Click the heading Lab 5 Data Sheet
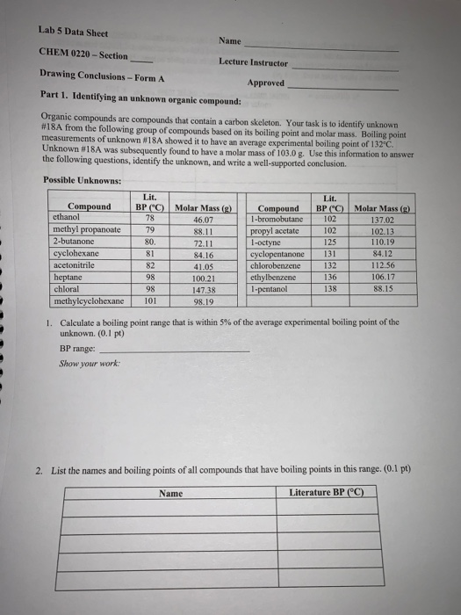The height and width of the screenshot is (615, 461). tap(73, 33)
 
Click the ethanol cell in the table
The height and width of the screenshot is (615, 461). tap(67, 216)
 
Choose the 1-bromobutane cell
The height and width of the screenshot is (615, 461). tap(277, 217)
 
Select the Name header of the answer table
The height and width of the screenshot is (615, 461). tap(171, 493)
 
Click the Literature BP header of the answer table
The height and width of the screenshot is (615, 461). tap(327, 493)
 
